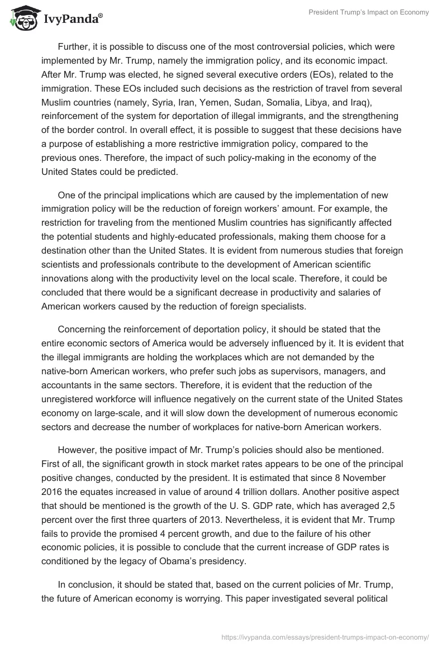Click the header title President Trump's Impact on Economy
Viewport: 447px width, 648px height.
pos(369,12)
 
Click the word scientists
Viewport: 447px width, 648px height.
pos(59,263)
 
